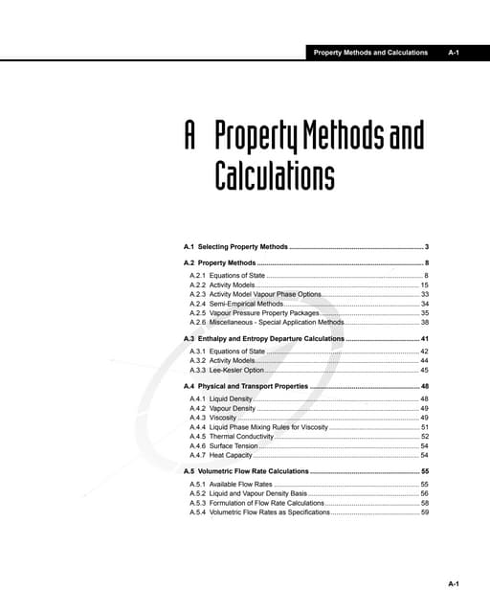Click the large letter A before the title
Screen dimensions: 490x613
pyautogui.click(x=190, y=139)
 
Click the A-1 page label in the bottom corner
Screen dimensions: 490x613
pyautogui.click(x=454, y=583)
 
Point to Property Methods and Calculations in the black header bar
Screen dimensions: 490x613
pyautogui.click(x=370, y=53)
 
